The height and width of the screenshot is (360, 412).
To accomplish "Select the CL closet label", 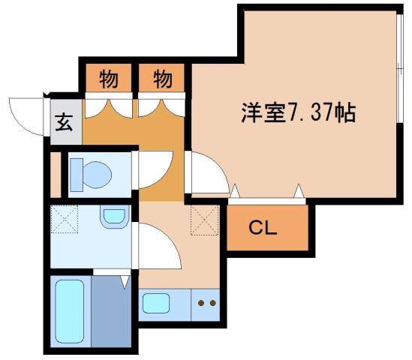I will point(263,228).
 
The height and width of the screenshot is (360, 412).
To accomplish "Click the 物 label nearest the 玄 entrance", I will point(107,77).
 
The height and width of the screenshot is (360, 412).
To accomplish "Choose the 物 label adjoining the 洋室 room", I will point(161,77).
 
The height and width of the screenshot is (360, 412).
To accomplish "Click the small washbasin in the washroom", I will point(113,217).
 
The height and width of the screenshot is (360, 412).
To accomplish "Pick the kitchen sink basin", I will point(158,304).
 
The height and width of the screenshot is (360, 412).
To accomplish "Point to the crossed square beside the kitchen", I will point(203,219).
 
